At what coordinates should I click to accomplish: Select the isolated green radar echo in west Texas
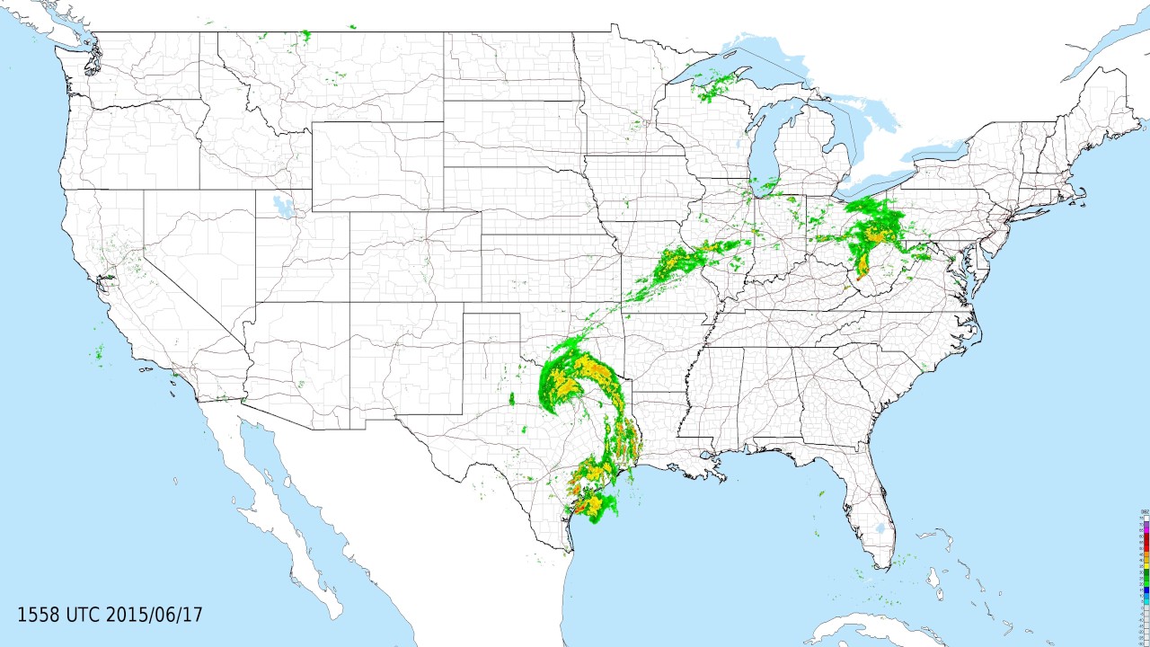click(x=511, y=398)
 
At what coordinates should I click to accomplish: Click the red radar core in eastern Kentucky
click(x=859, y=279)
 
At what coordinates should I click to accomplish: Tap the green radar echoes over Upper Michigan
click(x=715, y=86)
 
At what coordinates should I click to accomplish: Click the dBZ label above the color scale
click(x=1144, y=511)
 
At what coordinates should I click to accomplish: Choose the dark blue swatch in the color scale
click(x=1144, y=589)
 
